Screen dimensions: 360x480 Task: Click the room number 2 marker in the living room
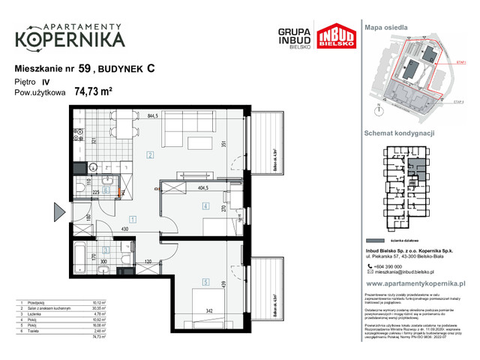tap(150, 155)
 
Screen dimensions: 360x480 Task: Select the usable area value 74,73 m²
tap(93, 92)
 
